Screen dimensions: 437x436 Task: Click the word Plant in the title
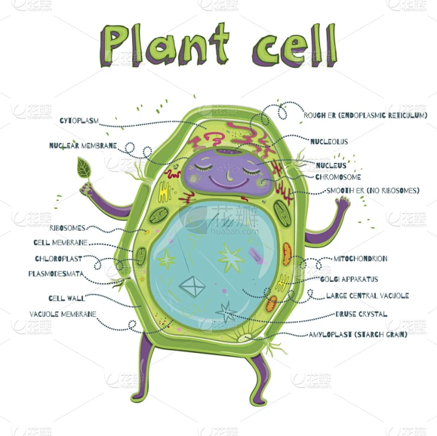tap(165, 45)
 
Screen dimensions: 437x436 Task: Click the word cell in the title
tap(295, 46)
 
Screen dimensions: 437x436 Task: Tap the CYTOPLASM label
tap(79, 121)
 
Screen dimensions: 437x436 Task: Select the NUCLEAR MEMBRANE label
tap(83, 146)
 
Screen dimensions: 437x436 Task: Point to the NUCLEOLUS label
tap(329, 142)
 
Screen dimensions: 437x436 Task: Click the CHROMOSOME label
tap(338, 177)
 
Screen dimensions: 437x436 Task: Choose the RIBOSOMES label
tap(68, 228)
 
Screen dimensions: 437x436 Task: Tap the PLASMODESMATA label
tap(56, 274)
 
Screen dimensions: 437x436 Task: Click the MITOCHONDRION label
tap(361, 259)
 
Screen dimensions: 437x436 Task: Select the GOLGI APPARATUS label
tap(349, 279)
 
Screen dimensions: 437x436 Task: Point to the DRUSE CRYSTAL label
tap(361, 314)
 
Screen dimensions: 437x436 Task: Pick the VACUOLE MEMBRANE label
tap(63, 314)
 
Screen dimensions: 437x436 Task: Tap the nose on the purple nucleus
tap(228, 176)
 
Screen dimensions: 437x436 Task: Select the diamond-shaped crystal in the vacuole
tap(192, 286)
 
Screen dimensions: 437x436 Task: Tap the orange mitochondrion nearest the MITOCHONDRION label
tap(287, 253)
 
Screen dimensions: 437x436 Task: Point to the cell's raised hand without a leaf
tap(343, 203)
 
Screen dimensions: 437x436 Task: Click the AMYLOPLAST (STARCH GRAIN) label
tap(358, 334)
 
